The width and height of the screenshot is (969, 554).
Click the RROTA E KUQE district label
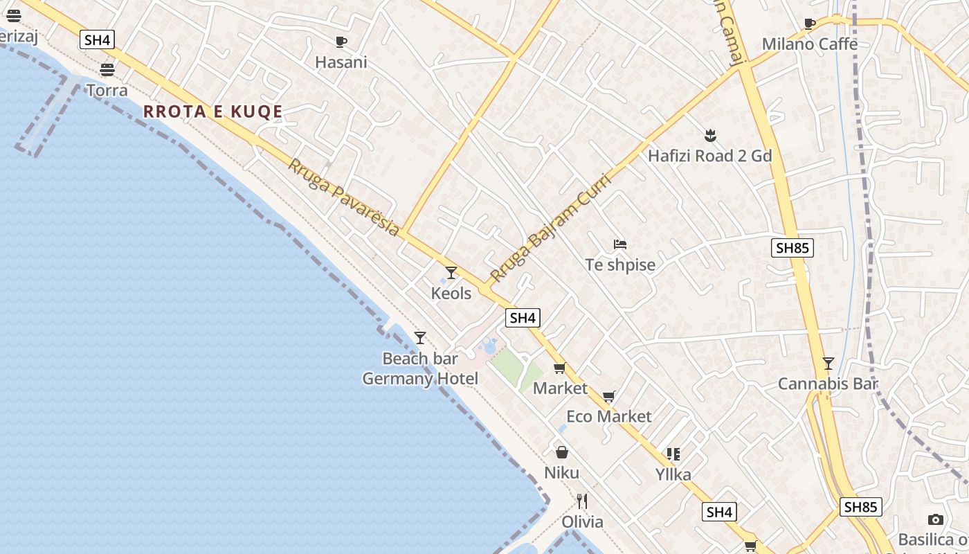tap(213, 111)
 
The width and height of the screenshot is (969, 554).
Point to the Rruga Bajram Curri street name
tap(550, 229)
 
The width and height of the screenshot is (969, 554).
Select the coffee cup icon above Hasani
tap(341, 42)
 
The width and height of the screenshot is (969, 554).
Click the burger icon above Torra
tap(107, 70)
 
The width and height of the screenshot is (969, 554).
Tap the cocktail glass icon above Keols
tap(451, 273)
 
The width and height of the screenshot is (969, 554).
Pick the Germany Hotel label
tap(420, 379)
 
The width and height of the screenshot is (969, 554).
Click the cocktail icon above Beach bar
tap(420, 338)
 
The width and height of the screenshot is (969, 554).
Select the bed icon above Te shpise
tap(620, 244)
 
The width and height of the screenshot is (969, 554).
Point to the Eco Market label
tap(609, 416)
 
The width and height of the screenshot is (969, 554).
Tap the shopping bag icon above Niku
tap(562, 452)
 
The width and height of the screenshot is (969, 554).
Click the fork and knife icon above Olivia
tap(582, 501)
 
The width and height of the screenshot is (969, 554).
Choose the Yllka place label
tap(673, 474)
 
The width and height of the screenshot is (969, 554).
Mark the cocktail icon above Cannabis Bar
tap(828, 364)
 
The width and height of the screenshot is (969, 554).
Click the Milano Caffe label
tap(810, 44)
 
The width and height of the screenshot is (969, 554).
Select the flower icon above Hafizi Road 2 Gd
tap(709, 135)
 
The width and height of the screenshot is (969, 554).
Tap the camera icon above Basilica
tap(936, 519)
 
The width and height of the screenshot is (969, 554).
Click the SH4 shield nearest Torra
tap(96, 39)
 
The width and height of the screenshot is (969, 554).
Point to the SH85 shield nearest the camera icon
tap(861, 507)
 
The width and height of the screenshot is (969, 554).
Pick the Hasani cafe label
tap(341, 62)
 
